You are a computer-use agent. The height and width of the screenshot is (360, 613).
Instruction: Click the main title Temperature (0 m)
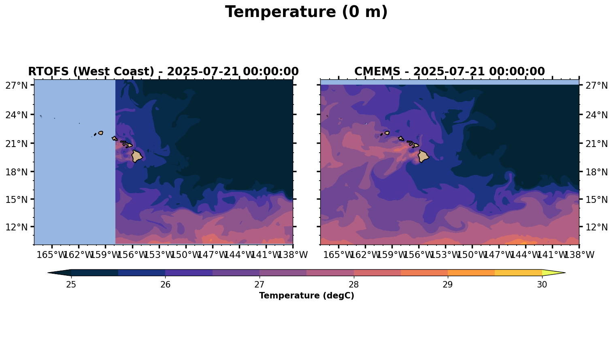coord(306,12)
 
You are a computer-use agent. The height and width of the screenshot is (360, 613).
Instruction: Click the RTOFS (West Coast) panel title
coord(163,72)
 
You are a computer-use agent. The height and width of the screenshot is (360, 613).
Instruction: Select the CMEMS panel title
coord(449,72)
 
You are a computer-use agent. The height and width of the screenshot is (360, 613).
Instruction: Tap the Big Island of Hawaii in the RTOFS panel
coord(136,156)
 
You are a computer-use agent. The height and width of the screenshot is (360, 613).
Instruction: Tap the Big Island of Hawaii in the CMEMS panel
coord(424,156)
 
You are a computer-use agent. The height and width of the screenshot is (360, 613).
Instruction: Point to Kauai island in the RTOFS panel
coord(100,133)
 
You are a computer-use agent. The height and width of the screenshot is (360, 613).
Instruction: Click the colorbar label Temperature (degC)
coord(306,296)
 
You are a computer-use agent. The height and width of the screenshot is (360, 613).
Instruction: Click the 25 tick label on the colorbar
coord(71,285)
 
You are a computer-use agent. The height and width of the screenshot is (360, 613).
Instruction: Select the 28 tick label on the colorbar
coord(353,285)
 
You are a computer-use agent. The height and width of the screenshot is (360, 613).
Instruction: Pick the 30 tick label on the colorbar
coord(542,285)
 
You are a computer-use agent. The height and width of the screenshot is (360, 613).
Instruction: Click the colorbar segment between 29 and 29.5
coord(471,273)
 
